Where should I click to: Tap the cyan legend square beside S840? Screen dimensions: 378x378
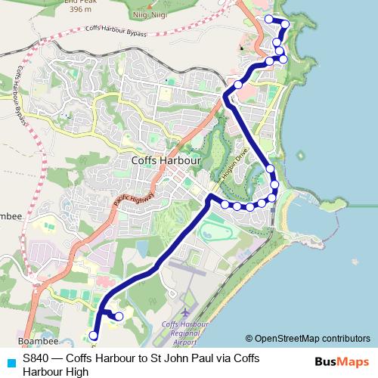point(10,363)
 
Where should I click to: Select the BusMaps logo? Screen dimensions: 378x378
point(345,362)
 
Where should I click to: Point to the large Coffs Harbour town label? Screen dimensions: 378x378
point(166,160)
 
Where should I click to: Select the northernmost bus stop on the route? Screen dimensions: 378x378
point(268,18)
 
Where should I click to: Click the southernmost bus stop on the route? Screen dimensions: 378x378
point(94,336)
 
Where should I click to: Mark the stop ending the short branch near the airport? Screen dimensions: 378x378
point(119,318)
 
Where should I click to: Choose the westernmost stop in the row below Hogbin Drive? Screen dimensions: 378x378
point(225,203)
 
